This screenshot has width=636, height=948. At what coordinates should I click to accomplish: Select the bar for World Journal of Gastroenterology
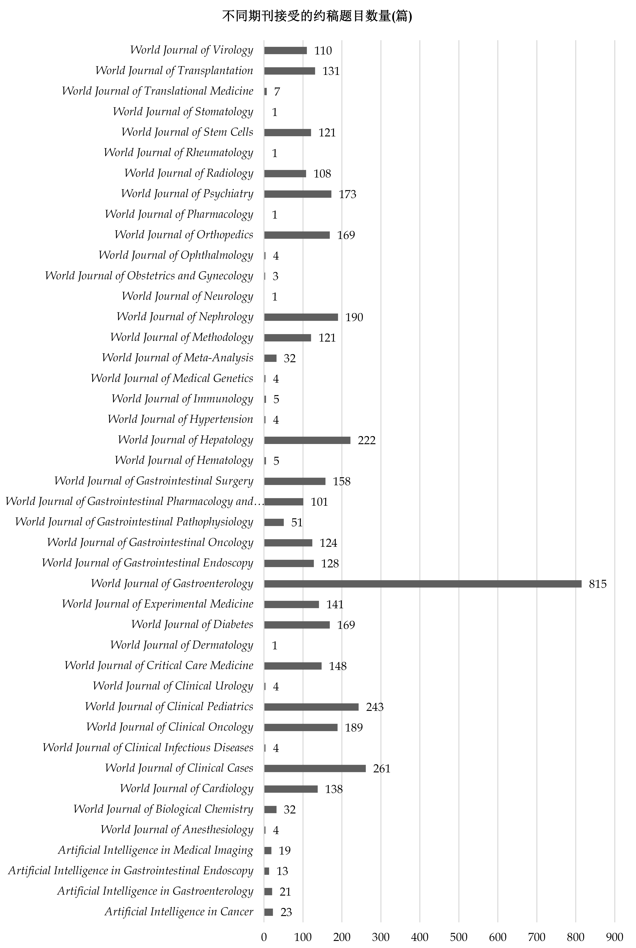click(423, 584)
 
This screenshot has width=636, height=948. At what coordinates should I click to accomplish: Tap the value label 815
click(598, 584)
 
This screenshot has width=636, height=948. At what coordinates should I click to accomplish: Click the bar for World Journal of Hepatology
click(307, 440)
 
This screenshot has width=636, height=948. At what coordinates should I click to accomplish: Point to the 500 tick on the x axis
click(459, 937)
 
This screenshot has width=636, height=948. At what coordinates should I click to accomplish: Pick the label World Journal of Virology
click(191, 50)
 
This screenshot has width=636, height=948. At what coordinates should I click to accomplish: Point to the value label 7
click(277, 92)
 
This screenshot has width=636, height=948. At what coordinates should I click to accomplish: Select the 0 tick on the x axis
click(264, 937)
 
